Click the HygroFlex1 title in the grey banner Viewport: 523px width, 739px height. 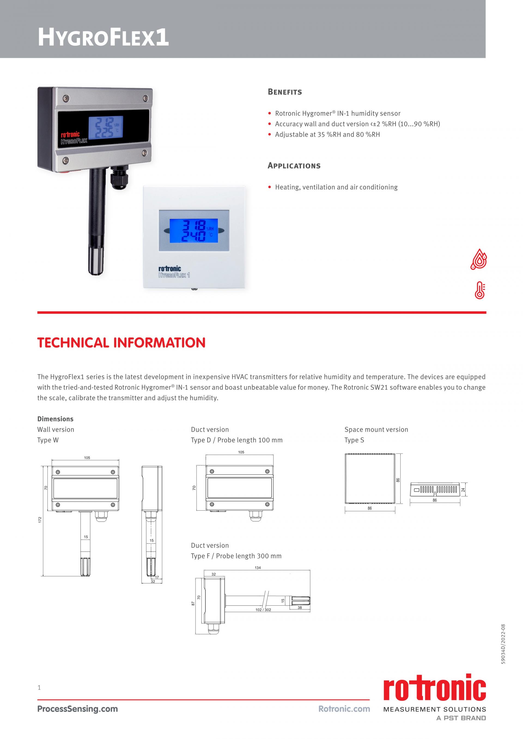pyautogui.click(x=103, y=37)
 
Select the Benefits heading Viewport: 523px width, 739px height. pyautogui.click(x=285, y=92)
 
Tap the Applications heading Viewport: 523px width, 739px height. pyautogui.click(x=294, y=166)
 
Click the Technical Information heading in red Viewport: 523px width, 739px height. pyautogui.click(x=121, y=343)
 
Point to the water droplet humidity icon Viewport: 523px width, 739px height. pyautogui.click(x=479, y=259)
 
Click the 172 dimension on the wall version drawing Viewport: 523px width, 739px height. pyautogui.click(x=40, y=520)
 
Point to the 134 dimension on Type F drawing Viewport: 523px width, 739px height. pyautogui.click(x=258, y=568)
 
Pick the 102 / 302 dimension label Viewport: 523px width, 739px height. pyautogui.click(x=263, y=610)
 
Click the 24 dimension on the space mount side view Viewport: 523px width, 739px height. pyautogui.click(x=463, y=490)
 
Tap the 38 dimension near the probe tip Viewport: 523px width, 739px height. pyautogui.click(x=300, y=608)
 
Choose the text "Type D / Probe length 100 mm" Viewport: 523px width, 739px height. pyautogui.click(x=236, y=440)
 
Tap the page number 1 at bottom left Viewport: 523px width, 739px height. pyautogui.click(x=39, y=688)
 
